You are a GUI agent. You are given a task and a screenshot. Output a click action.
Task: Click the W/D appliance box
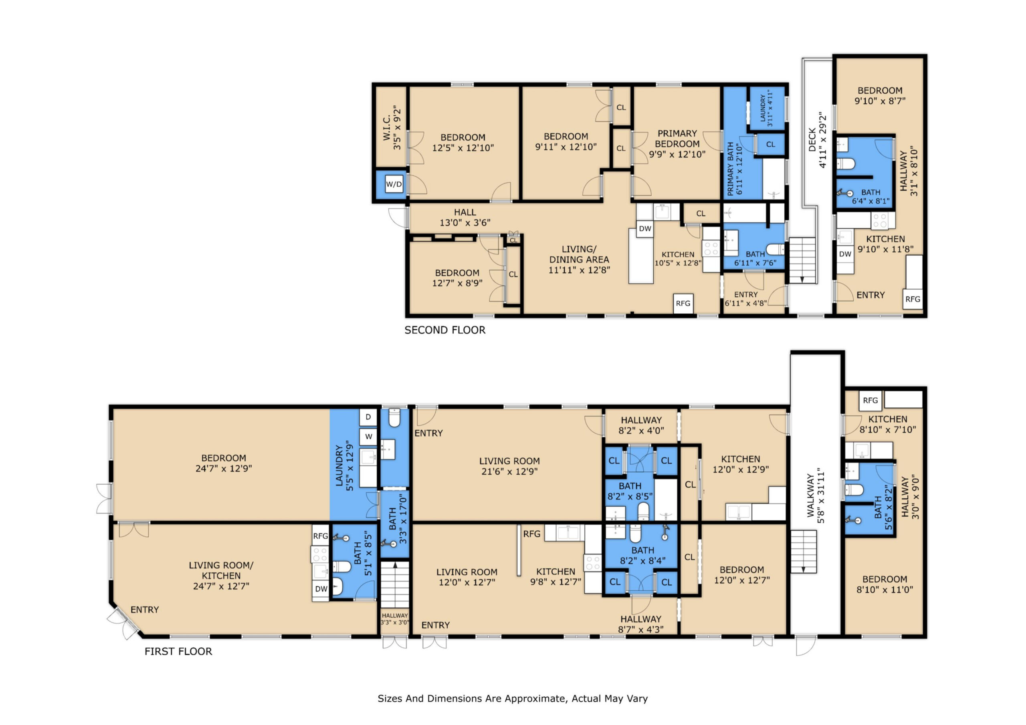point(394,184)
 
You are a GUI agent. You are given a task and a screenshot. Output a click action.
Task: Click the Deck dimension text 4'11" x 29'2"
point(823,140)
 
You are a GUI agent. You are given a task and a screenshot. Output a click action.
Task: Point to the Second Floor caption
point(444,330)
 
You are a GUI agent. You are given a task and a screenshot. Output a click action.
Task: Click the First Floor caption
point(178,651)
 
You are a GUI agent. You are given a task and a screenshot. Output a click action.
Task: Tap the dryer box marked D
point(368,417)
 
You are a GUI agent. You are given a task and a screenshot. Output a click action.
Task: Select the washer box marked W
point(368,437)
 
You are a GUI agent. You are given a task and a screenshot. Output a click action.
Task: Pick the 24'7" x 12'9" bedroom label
point(223,463)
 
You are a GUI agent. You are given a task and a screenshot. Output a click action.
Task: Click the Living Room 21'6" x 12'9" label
point(509,466)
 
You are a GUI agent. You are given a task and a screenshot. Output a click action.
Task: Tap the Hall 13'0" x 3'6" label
point(465,217)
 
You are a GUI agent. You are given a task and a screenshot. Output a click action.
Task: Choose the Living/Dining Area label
point(579,260)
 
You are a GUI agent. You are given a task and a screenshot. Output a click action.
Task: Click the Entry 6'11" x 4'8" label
point(746,299)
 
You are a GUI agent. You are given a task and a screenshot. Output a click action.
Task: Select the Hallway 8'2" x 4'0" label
point(641,425)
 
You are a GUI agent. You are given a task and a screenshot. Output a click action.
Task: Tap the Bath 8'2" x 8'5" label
point(630,491)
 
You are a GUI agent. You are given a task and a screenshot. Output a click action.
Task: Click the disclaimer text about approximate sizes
point(513,699)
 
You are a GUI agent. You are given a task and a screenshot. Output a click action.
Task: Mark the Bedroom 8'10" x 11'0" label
point(885,584)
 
